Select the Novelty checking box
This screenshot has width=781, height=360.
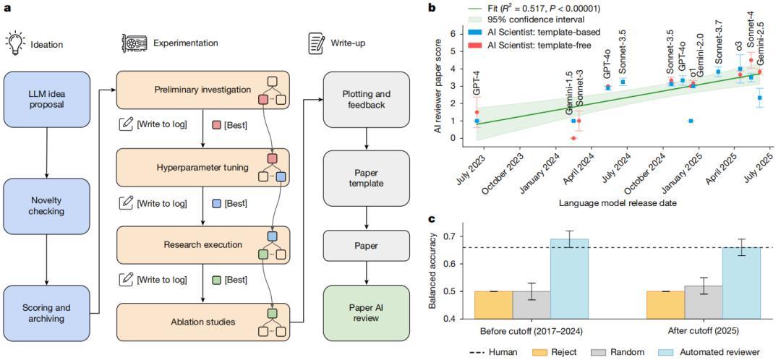[46, 205]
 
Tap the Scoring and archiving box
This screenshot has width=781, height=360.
[46, 312]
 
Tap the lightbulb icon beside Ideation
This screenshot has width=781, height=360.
[14, 43]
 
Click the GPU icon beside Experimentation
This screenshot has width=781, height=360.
[135, 43]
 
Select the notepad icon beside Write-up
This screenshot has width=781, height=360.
[315, 43]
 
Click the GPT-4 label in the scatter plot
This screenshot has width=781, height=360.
[477, 82]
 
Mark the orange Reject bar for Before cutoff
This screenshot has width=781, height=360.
[493, 304]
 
